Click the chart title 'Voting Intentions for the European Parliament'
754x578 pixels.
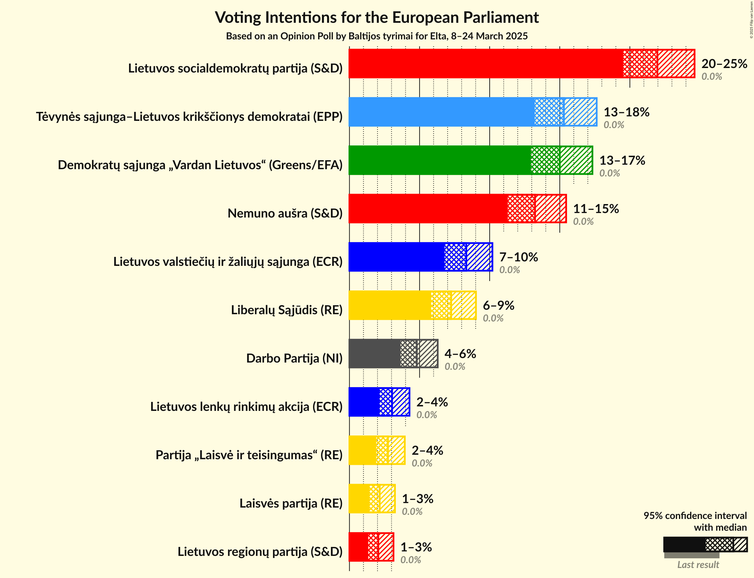click(x=376, y=17)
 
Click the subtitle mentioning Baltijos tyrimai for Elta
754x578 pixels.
click(x=376, y=36)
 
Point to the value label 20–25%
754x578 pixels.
click(x=724, y=64)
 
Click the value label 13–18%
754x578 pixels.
click(x=626, y=112)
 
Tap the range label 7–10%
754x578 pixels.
click(x=518, y=257)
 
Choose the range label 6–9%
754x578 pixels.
click(x=498, y=305)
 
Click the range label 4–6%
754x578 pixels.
click(x=460, y=354)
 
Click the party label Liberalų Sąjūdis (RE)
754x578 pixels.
click(x=286, y=310)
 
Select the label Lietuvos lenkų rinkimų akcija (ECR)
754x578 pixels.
click(x=246, y=407)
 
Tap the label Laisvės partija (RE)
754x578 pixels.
click(x=291, y=503)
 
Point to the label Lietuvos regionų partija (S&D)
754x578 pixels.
click(x=260, y=552)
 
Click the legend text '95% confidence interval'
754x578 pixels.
click(x=695, y=516)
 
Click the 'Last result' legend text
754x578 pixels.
click(x=698, y=565)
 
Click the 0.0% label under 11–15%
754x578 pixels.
click(x=583, y=221)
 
